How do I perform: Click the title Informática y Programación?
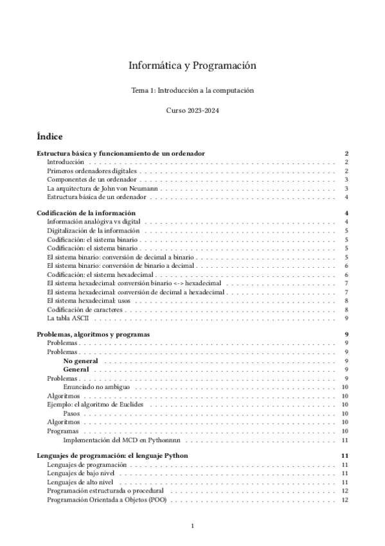[x=192, y=66]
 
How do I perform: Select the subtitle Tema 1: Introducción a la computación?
[x=192, y=91]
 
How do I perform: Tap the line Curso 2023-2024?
[x=192, y=111]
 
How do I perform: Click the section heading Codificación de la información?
[x=86, y=212]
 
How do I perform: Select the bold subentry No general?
[x=80, y=361]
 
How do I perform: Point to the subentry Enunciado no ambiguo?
[x=97, y=387]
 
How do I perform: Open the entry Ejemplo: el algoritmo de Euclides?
[x=95, y=404]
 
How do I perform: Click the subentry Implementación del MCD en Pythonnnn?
[x=125, y=440]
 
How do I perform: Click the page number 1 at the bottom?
[x=193, y=526]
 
